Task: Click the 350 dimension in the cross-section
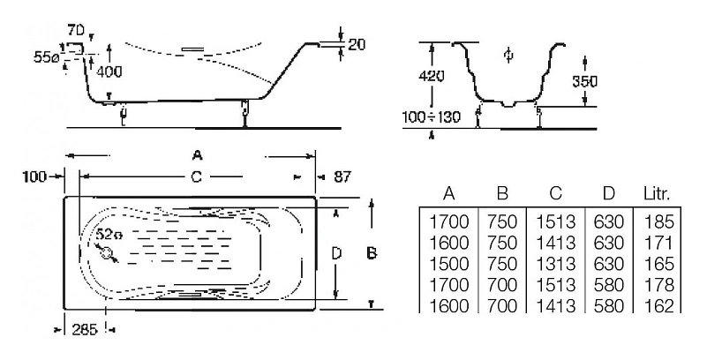click(x=585, y=80)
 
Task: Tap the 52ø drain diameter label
click(x=108, y=235)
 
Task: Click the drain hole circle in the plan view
click(x=108, y=254)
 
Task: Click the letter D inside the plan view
click(x=335, y=254)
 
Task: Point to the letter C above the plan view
click(x=197, y=176)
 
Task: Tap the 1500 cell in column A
click(x=448, y=265)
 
